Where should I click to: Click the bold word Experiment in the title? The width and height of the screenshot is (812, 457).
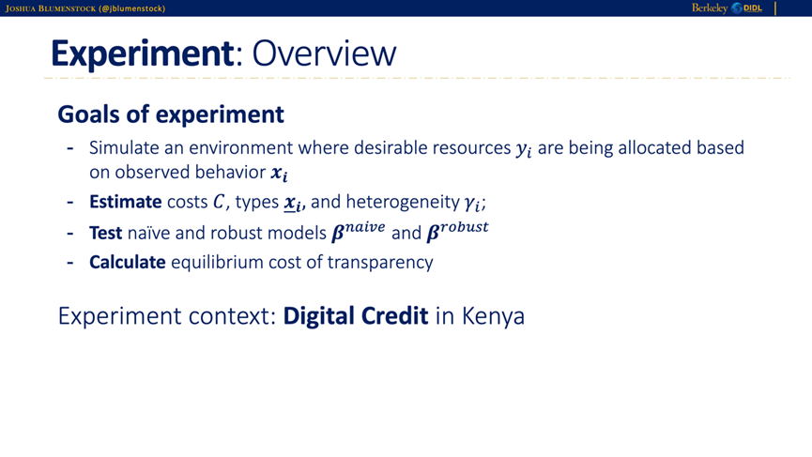143,53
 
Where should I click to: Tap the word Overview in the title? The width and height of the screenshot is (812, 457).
324,53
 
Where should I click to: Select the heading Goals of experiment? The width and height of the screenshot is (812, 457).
170,114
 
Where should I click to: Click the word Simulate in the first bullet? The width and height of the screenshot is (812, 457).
124,147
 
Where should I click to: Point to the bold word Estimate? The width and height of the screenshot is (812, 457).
126,202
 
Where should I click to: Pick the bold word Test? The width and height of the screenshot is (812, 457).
106,233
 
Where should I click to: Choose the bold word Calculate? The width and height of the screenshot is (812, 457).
128,262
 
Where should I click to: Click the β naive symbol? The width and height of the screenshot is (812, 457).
359,231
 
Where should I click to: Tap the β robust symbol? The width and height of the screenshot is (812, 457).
457,231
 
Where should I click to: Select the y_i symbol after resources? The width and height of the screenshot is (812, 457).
524,149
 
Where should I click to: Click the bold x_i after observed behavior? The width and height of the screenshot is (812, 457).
279,174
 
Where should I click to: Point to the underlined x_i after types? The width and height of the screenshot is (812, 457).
293,203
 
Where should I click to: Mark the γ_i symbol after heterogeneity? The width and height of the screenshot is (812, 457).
472,204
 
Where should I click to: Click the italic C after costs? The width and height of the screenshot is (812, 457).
219,202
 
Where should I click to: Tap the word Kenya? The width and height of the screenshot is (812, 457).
493,316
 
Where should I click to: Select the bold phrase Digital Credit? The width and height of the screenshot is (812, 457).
356,316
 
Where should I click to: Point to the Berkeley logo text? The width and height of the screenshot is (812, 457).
710,8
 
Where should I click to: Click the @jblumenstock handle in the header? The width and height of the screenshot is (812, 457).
132,8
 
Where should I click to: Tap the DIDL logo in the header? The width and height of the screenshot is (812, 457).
746,8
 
